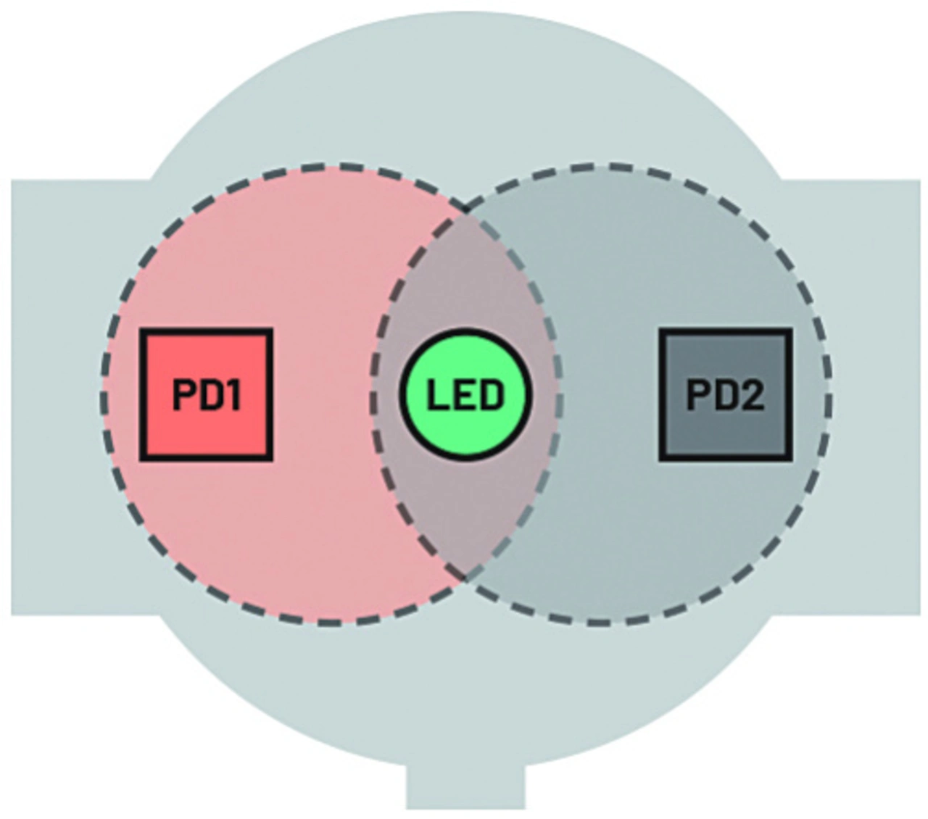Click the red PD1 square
pos(207,395)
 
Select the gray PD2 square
pos(725,395)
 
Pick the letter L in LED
pos(436,396)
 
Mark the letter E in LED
pos(465,396)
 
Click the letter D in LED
pos(491,396)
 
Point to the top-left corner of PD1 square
pos(142,331)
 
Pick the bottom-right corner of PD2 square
pos(789,458)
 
